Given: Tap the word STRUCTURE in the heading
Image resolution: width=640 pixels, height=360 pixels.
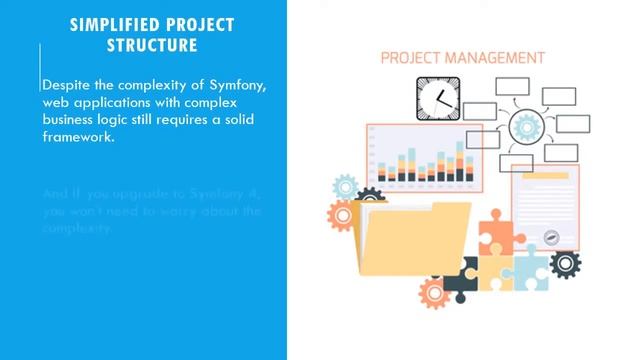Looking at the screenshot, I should click(153, 46).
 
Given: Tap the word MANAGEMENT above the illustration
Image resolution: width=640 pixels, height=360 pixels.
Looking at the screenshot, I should click(501, 58).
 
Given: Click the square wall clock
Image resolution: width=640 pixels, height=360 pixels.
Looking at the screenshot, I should click(437, 98).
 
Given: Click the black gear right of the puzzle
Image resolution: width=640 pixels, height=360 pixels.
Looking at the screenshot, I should click(566, 265).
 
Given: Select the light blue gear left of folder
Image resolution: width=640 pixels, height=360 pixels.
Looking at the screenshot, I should click(345, 186).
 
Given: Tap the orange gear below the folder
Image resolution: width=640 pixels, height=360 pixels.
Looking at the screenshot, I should click(433, 293).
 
